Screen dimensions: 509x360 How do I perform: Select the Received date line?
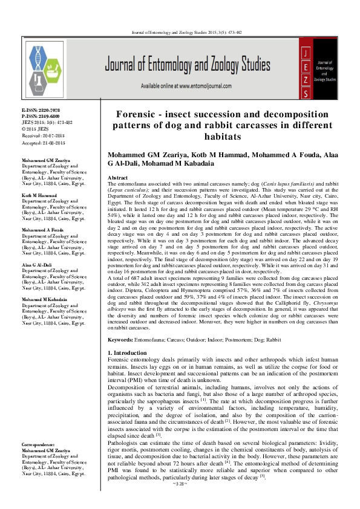(42, 134)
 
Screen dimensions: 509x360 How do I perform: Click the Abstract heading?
(117, 178)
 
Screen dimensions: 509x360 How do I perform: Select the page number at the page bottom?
(180, 501)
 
